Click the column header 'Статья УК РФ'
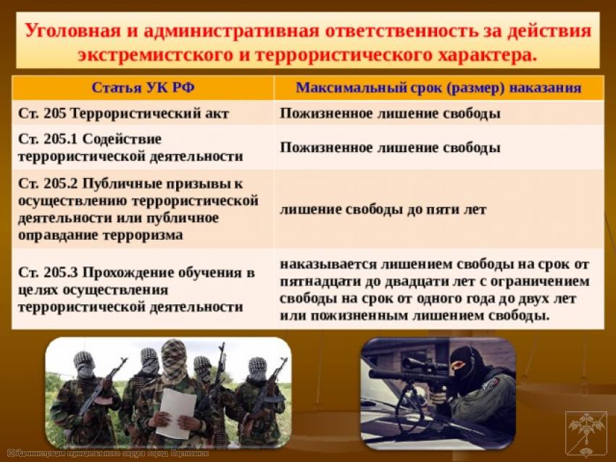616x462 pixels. point(143,87)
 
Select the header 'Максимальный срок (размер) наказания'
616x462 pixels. point(438,87)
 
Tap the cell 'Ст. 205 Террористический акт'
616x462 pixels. point(123,114)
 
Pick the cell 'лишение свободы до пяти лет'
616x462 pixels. point(383,209)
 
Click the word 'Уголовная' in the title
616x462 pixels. point(72,30)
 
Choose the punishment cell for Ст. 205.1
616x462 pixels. point(390,148)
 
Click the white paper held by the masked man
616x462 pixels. point(175,413)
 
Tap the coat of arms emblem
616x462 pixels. point(586,434)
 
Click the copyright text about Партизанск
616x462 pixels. point(109,453)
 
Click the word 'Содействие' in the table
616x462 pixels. point(122,139)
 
